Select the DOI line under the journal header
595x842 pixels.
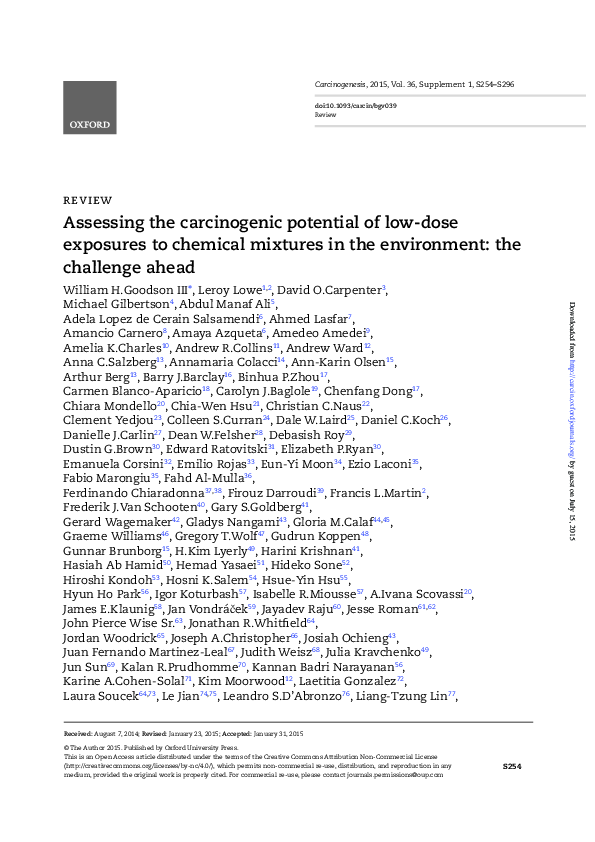coord(356,105)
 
